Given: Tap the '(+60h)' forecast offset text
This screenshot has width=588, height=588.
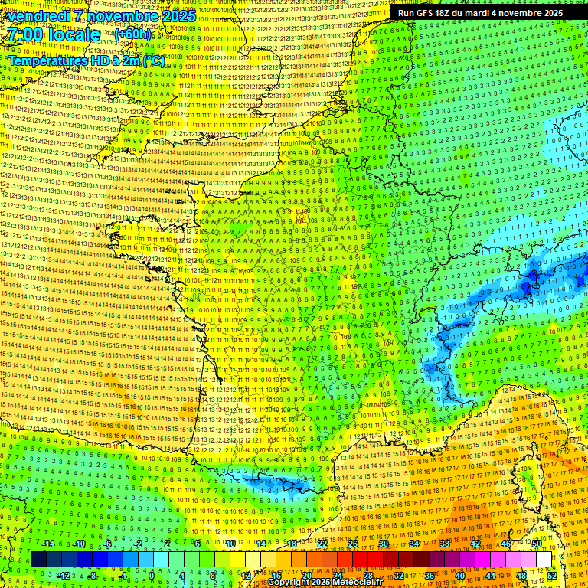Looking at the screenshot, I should pos(133,34).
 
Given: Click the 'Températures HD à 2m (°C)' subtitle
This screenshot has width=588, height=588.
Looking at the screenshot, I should pos(86,60).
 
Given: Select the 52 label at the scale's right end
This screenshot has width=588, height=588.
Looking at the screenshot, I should pos(551,575).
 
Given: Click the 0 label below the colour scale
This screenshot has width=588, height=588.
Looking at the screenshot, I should pos(152,575).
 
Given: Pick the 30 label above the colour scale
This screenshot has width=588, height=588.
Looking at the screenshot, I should pos(383,544).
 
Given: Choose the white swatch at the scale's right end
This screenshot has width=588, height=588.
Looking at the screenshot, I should pos(544,560).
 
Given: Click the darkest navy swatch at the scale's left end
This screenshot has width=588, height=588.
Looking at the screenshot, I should pos(38,560).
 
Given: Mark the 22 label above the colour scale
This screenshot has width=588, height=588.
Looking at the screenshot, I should pos(322,544).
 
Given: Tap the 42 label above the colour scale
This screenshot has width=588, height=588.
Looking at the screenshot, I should pos(475,544).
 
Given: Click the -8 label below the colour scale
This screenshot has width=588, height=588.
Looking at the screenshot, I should pos(93,575).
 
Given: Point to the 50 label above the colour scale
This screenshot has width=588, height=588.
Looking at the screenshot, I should pos(536,544).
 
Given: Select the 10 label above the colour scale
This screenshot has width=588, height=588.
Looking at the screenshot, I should pos(230,544).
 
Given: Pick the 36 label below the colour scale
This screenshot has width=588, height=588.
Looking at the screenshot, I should pos(429,575).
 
